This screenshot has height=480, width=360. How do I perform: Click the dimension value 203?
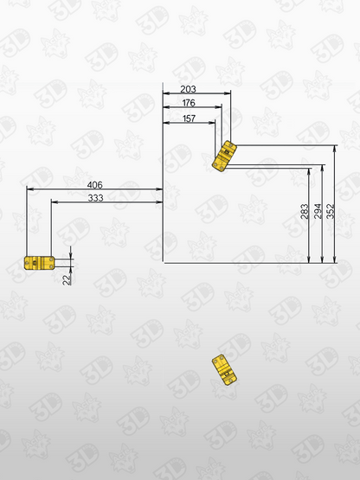click(x=189, y=88)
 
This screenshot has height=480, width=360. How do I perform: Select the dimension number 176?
click(x=189, y=103)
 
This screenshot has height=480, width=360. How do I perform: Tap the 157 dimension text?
click(x=189, y=118)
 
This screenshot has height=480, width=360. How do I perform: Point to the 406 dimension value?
click(x=96, y=185)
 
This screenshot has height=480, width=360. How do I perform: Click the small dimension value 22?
click(x=67, y=278)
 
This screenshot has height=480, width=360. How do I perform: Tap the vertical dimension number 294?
click(x=318, y=212)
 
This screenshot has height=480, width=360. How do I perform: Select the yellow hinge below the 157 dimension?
click(x=225, y=155)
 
